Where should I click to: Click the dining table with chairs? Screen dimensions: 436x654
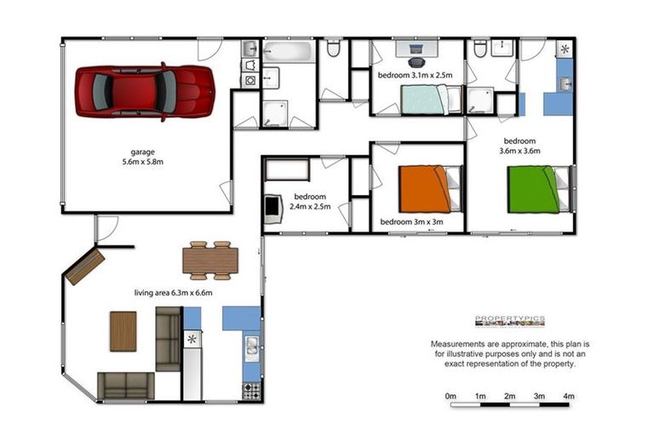(210, 260)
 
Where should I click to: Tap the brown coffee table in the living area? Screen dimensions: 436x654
(123, 331)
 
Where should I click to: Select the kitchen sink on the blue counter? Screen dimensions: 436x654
(252, 347)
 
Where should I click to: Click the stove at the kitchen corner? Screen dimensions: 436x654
(252, 391)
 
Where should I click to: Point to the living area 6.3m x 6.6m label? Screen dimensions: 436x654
(173, 293)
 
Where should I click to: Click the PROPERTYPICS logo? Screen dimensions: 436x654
(509, 321)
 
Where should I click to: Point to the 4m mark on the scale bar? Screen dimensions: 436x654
(568, 396)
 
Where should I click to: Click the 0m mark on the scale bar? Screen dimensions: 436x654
(450, 396)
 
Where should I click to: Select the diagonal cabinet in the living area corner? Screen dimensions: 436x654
(84, 267)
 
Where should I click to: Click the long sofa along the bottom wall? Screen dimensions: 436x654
(124, 386)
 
